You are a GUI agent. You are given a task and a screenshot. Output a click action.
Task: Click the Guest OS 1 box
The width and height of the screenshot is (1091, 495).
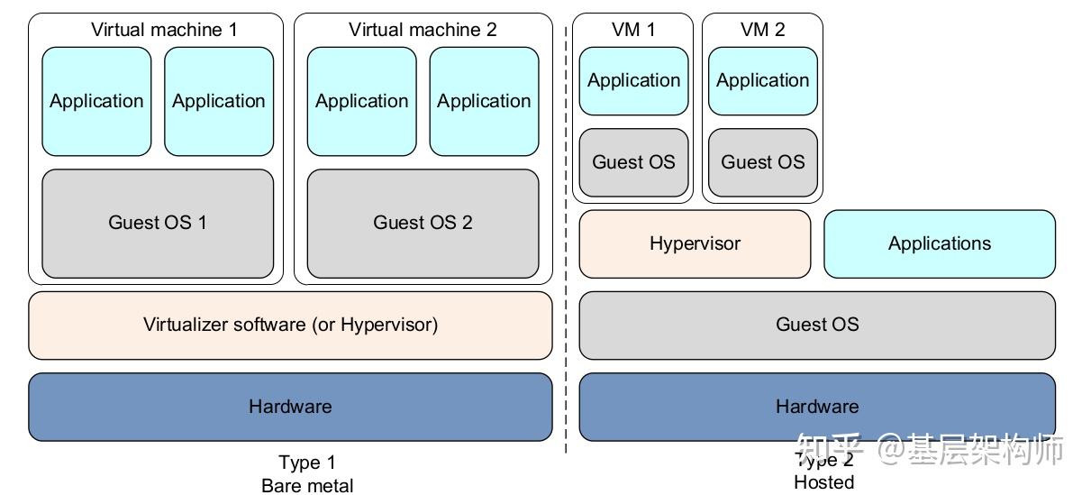pyautogui.click(x=158, y=223)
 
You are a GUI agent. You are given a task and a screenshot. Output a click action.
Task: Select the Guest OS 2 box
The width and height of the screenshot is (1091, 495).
pyautogui.click(x=423, y=223)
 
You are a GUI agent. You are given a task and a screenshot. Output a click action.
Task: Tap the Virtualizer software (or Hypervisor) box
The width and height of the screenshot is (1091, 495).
pyautogui.click(x=290, y=325)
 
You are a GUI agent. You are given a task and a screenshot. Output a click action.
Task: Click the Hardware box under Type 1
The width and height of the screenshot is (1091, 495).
pyautogui.click(x=290, y=407)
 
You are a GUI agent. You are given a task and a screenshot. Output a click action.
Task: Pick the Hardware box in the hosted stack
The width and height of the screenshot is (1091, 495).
pyautogui.click(x=816, y=407)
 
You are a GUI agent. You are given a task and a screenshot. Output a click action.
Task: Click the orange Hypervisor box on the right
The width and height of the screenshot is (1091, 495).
pyautogui.click(x=695, y=243)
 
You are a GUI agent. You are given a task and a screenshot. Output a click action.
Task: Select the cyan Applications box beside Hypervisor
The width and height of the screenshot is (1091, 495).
pyautogui.click(x=939, y=243)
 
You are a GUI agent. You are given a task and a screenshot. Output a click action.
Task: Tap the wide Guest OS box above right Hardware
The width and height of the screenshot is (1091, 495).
pyautogui.click(x=816, y=325)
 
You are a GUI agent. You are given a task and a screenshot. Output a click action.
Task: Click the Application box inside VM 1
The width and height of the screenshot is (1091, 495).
pyautogui.click(x=633, y=81)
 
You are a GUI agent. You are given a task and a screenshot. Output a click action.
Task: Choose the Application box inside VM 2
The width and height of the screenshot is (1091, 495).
pyautogui.click(x=762, y=81)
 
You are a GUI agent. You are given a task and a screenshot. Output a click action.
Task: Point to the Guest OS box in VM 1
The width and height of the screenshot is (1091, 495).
pyautogui.click(x=633, y=162)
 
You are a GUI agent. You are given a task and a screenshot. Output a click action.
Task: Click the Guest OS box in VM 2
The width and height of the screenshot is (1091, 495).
pyautogui.click(x=762, y=162)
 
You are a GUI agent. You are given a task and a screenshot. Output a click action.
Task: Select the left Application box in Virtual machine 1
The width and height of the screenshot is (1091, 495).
pyautogui.click(x=96, y=101)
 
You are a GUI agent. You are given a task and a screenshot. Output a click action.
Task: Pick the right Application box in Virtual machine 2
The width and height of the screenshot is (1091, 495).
pyautogui.click(x=484, y=101)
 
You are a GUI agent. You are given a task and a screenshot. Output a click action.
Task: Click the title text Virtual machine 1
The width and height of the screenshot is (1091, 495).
pyautogui.click(x=164, y=30)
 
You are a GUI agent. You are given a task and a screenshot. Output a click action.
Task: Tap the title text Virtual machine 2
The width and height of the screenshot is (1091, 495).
pyautogui.click(x=423, y=30)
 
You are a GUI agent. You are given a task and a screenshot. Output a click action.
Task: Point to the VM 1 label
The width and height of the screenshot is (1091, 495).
pyautogui.click(x=633, y=30)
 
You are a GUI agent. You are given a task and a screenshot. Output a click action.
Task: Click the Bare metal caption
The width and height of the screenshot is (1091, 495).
pyautogui.click(x=307, y=486)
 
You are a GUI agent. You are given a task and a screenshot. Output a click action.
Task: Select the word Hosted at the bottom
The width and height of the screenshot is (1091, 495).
pyautogui.click(x=823, y=482)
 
